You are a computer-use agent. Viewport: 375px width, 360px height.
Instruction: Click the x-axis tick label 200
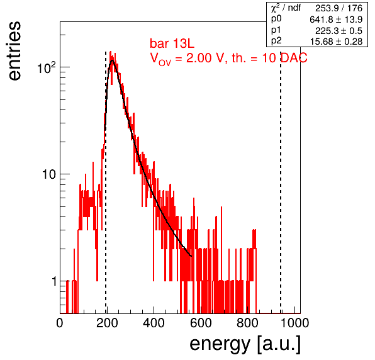tap(107, 323)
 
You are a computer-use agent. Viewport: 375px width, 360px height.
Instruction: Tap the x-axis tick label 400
tap(154, 323)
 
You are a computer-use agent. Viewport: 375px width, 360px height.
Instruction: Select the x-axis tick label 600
tap(201, 323)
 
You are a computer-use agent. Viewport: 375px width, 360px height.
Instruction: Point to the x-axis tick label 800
tap(247, 323)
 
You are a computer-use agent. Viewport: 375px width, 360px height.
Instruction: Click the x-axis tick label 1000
tap(294, 323)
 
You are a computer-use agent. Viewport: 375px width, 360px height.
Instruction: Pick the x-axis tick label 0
tap(60, 323)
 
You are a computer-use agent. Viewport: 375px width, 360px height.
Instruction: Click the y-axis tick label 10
tap(49, 174)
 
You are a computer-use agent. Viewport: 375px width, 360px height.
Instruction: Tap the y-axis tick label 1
tap(54, 281)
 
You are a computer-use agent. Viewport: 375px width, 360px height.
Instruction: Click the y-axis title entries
tap(14, 51)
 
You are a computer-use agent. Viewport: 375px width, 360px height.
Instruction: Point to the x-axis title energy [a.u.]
tap(245, 344)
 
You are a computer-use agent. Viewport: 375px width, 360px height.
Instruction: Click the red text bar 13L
tap(172, 44)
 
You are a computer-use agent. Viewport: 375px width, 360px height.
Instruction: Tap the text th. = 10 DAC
tap(269, 58)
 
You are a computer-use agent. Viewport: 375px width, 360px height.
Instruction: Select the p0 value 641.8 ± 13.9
tap(336, 20)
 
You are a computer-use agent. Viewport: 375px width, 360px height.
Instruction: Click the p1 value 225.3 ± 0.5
tap(339, 31)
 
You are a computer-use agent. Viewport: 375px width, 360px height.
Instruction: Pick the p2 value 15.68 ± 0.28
tap(336, 42)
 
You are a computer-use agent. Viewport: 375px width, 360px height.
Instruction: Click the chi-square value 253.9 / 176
tap(339, 8)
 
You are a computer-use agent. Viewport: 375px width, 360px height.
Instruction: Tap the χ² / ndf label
tap(286, 8)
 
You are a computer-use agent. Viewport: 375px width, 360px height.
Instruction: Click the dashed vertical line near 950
tap(281, 183)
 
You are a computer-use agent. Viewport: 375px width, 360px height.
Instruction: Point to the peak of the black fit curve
tap(112, 60)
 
